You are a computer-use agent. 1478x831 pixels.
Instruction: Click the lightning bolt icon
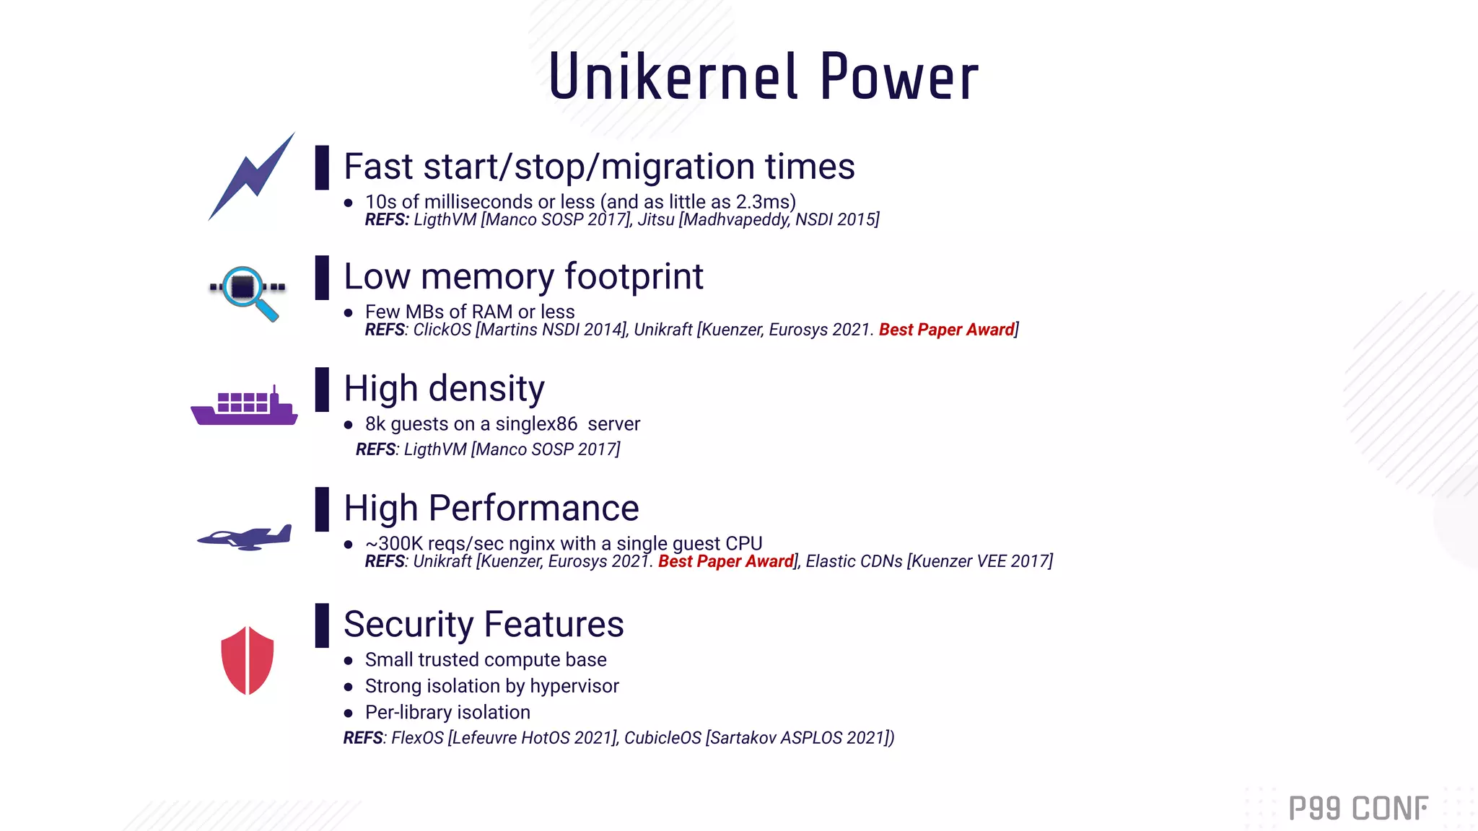pos(251,177)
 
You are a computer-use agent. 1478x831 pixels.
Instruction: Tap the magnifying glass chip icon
pos(245,290)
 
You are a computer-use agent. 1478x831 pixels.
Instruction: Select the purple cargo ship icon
pos(244,406)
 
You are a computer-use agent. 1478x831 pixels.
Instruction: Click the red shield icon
pos(248,660)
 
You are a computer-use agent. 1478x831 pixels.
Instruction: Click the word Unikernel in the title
pos(673,77)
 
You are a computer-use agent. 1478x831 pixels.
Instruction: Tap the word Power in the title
pos(898,77)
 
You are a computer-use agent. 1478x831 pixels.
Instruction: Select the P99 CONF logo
pos(1357,808)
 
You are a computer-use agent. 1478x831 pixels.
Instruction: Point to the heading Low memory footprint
pos(523,277)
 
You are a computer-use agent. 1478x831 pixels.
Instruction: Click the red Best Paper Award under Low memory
pos(946,330)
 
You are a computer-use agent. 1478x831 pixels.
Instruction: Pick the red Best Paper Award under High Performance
pos(725,561)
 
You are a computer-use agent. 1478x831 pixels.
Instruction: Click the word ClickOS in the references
pos(442,330)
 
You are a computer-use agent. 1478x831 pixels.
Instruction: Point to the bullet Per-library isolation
pos(447,713)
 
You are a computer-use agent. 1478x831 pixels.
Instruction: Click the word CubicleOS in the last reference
pos(662,738)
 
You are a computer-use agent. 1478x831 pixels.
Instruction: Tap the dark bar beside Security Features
pos(322,625)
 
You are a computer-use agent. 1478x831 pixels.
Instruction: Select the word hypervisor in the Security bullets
pos(574,686)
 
